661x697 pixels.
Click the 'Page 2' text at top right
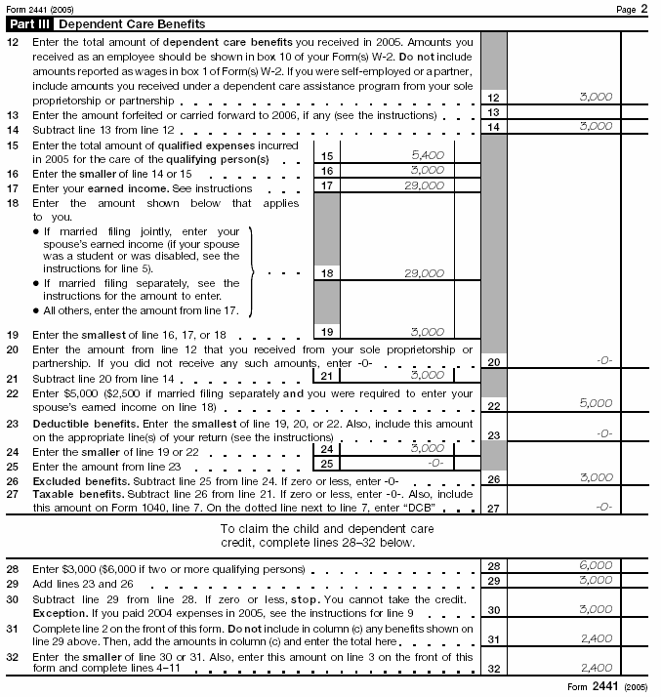click(x=631, y=8)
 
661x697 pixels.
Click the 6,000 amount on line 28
click(x=595, y=565)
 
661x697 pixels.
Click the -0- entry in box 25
click(x=435, y=464)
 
